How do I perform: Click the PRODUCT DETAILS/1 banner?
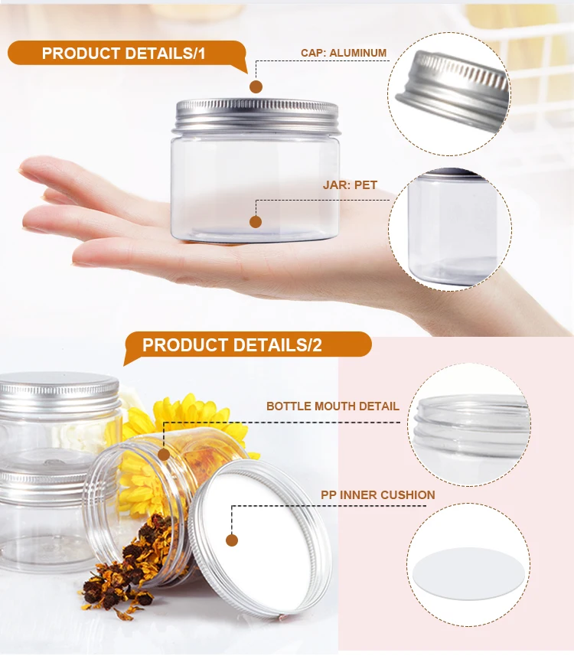pyautogui.click(x=124, y=54)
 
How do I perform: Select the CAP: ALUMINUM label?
pyautogui.click(x=344, y=53)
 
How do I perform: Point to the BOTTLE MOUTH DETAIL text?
pyautogui.click(x=333, y=406)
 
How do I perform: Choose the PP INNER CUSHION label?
pyautogui.click(x=377, y=494)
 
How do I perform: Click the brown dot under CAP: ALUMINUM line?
pyautogui.click(x=256, y=86)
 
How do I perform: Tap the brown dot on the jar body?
pyautogui.click(x=256, y=222)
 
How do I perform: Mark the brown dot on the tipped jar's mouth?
pyautogui.click(x=163, y=455)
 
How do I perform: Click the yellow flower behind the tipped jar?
pyautogui.click(x=184, y=417)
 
